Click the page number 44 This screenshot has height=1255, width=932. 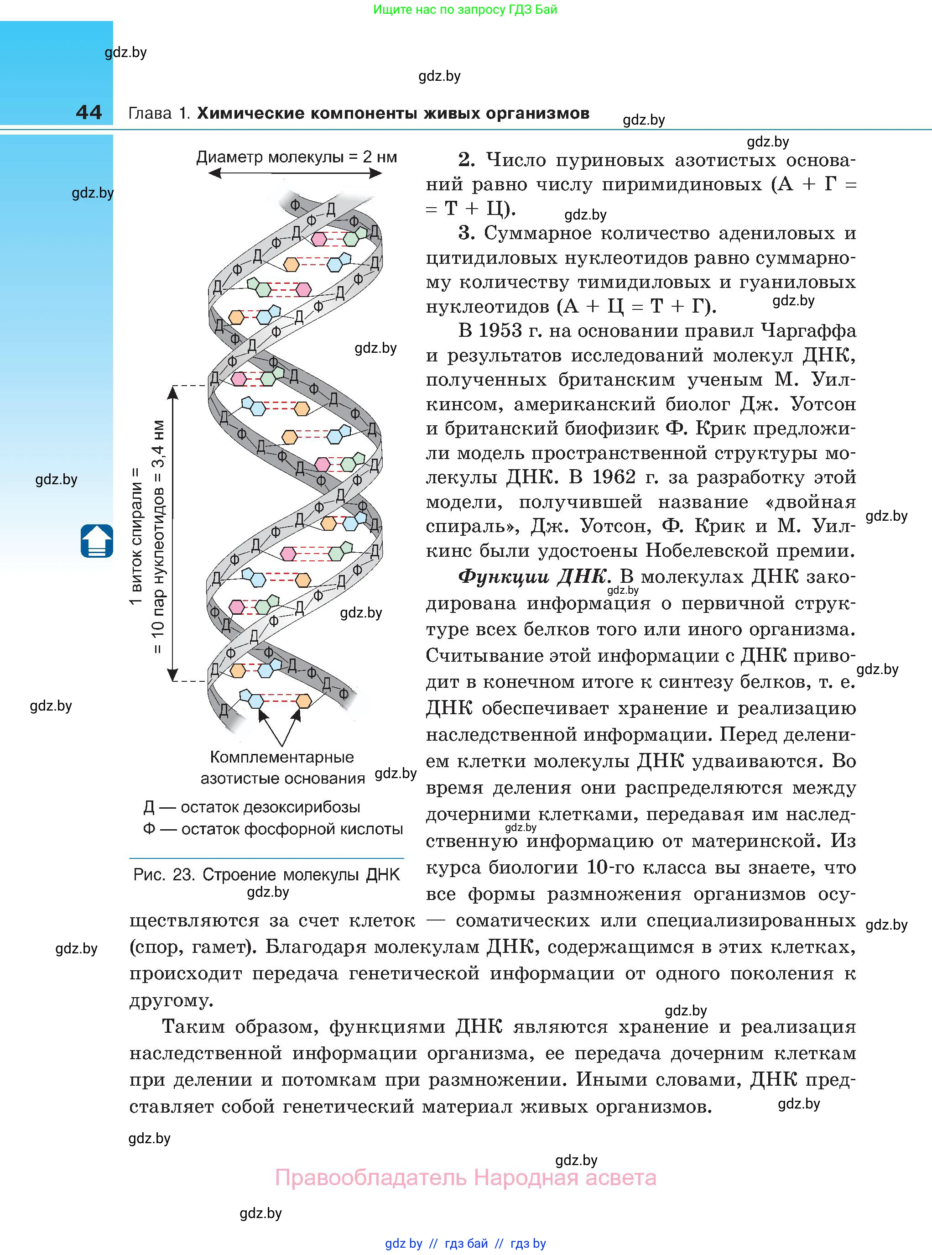pos(89,112)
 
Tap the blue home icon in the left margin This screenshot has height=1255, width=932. pos(96,541)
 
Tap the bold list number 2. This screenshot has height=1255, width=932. pos(466,160)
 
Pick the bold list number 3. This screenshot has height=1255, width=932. pos(466,233)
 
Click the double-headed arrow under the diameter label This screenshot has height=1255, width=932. pos(295,174)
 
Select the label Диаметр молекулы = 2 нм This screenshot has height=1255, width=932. pos(296,157)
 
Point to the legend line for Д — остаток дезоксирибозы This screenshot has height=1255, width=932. pos(252,807)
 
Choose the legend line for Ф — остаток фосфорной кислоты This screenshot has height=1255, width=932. pos(273,829)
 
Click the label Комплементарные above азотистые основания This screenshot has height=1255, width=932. pos(281,757)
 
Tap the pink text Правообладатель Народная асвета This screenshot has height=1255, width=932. pos(465,1178)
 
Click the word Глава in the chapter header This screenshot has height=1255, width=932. pos(150,114)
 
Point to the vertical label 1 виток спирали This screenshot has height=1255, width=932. pos(135,536)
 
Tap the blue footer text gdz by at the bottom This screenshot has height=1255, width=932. pos(403,1243)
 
